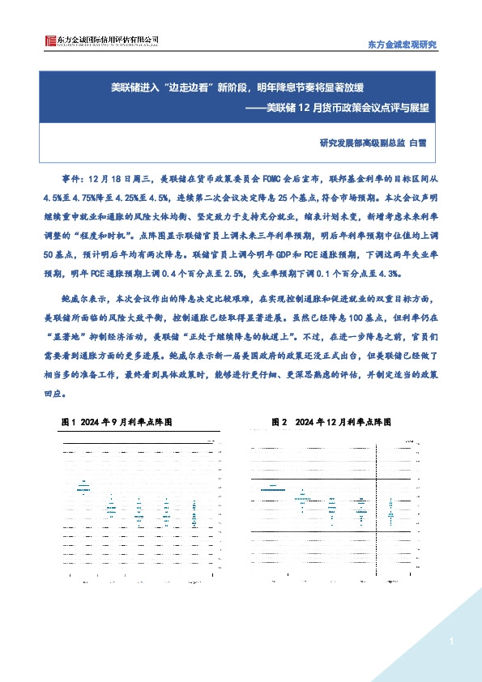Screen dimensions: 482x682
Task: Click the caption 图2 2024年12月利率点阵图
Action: coord(332,422)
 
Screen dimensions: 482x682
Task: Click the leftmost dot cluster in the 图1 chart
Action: coord(83,487)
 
